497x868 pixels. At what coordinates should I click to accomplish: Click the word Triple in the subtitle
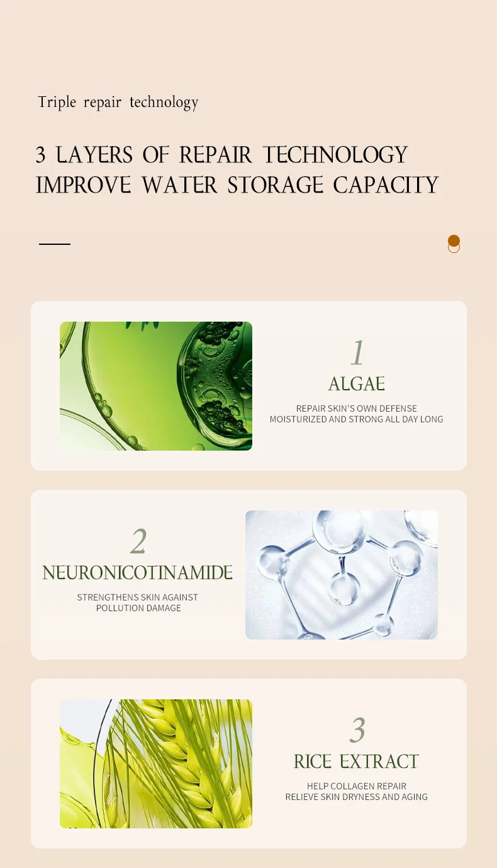point(57,103)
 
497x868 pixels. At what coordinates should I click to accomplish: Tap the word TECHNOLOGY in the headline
point(335,155)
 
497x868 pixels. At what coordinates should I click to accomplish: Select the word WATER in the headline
point(179,185)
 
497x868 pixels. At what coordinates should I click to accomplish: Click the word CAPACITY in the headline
point(386,185)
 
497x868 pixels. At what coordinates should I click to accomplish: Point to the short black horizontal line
point(55,244)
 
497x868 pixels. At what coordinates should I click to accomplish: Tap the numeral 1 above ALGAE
point(357,352)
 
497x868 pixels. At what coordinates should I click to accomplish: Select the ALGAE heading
point(357,384)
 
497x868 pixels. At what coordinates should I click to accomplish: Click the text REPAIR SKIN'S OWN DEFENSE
point(356,409)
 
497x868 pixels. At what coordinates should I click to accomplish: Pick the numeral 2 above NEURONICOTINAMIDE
point(138,541)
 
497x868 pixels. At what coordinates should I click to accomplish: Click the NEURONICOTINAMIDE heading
point(138,573)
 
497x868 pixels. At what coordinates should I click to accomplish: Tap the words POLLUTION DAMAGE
point(138,608)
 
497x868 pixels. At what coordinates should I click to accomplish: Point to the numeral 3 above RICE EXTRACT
point(357,730)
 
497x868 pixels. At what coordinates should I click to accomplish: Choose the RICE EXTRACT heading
point(356,762)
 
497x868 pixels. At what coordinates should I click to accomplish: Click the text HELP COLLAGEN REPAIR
point(356,786)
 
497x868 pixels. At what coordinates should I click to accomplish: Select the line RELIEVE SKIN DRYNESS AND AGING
point(356,797)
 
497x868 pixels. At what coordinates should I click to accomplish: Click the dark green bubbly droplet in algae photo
point(215,385)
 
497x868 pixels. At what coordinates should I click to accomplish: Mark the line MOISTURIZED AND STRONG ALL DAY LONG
point(356,419)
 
